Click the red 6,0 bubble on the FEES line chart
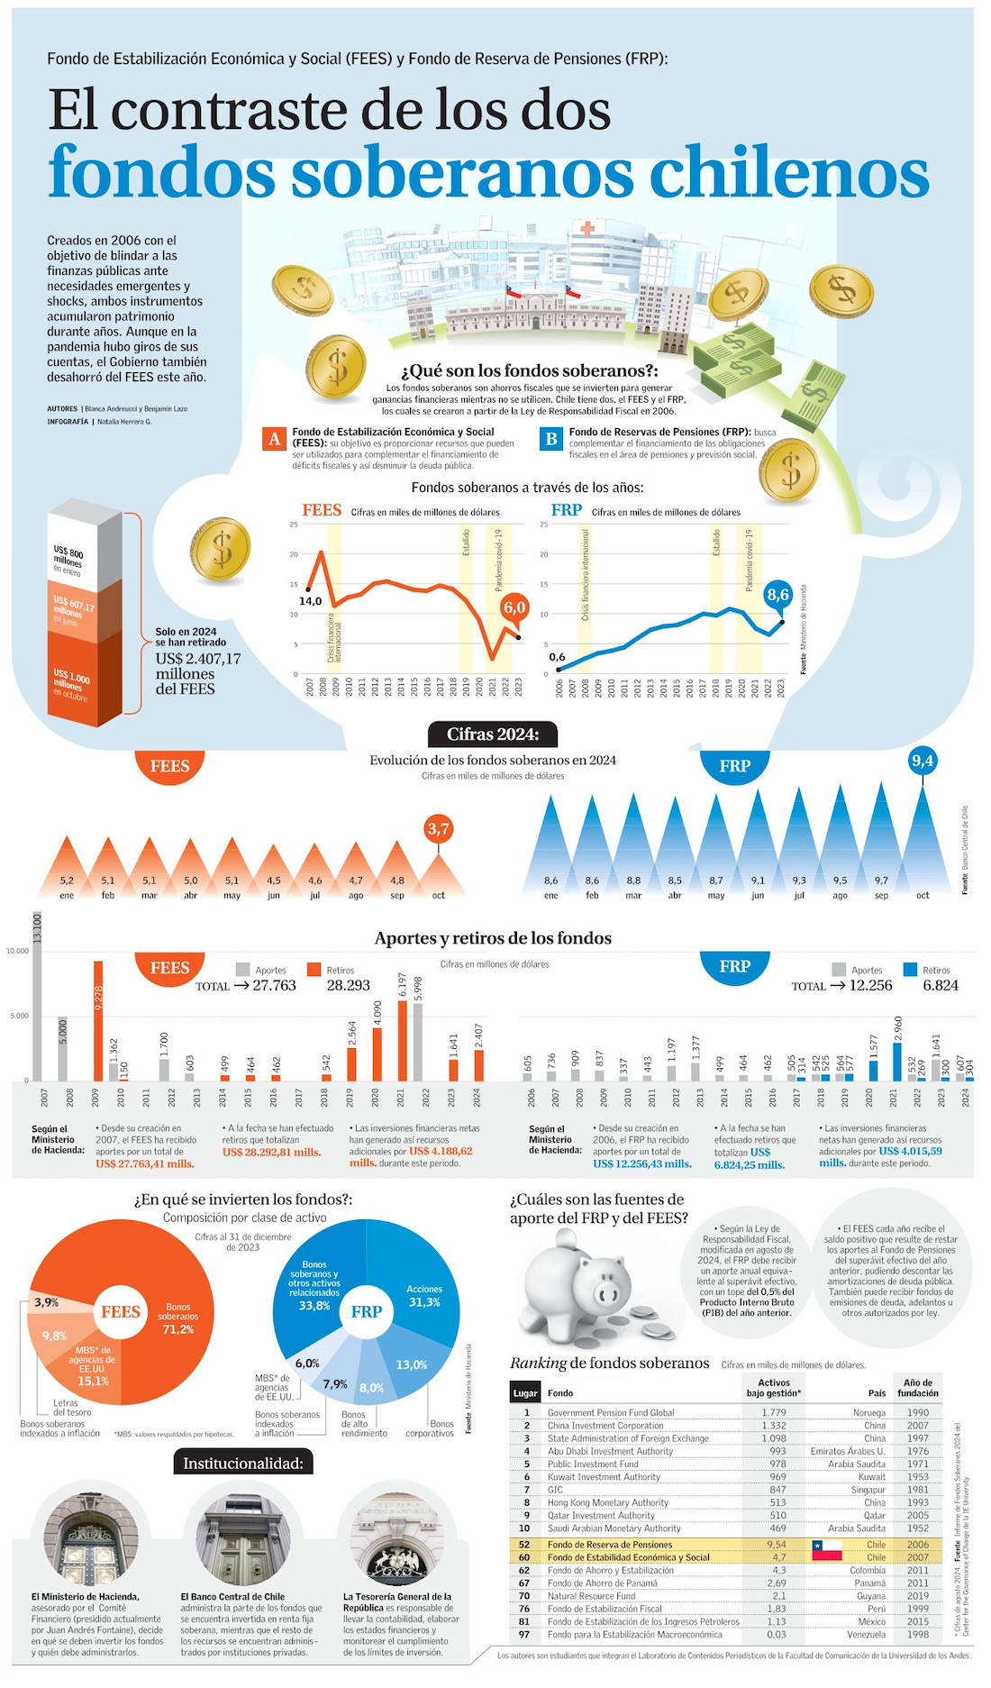pyautogui.click(x=514, y=607)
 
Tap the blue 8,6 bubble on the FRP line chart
pyautogui.click(x=777, y=594)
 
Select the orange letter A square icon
pyautogui.click(x=274, y=439)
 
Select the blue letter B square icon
pyautogui.click(x=550, y=439)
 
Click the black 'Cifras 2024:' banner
pyautogui.click(x=492, y=735)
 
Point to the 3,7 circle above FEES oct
pyautogui.click(x=438, y=829)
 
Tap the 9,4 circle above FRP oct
pyautogui.click(x=923, y=762)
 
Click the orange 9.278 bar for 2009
pyautogui.click(x=98, y=1020)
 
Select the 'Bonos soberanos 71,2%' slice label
pyautogui.click(x=177, y=1318)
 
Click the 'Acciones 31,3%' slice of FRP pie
pyautogui.click(x=423, y=1296)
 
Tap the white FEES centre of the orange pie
pyautogui.click(x=121, y=1311)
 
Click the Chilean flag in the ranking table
pyautogui.click(x=826, y=1550)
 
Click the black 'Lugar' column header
pyautogui.click(x=525, y=1392)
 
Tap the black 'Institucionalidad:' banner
pyautogui.click(x=243, y=1463)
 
